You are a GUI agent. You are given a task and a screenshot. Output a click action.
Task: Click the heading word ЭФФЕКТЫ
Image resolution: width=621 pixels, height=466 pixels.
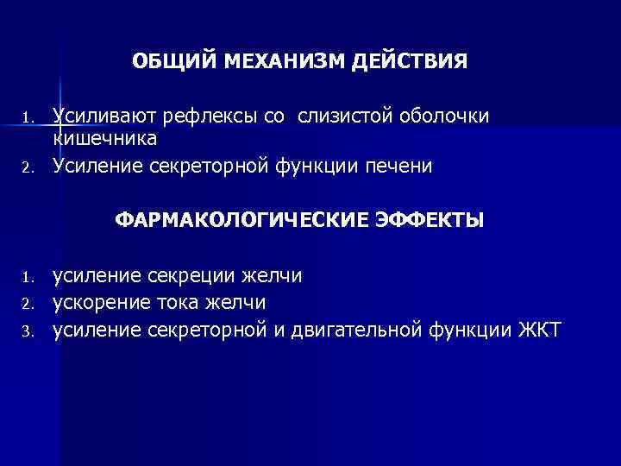tap(430, 221)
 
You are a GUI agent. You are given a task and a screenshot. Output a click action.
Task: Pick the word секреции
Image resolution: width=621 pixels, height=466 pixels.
tap(193, 276)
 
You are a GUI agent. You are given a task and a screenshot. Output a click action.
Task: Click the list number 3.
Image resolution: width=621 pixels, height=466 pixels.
tap(28, 331)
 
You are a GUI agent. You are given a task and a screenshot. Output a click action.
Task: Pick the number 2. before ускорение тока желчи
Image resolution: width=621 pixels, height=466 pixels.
tap(28, 305)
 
